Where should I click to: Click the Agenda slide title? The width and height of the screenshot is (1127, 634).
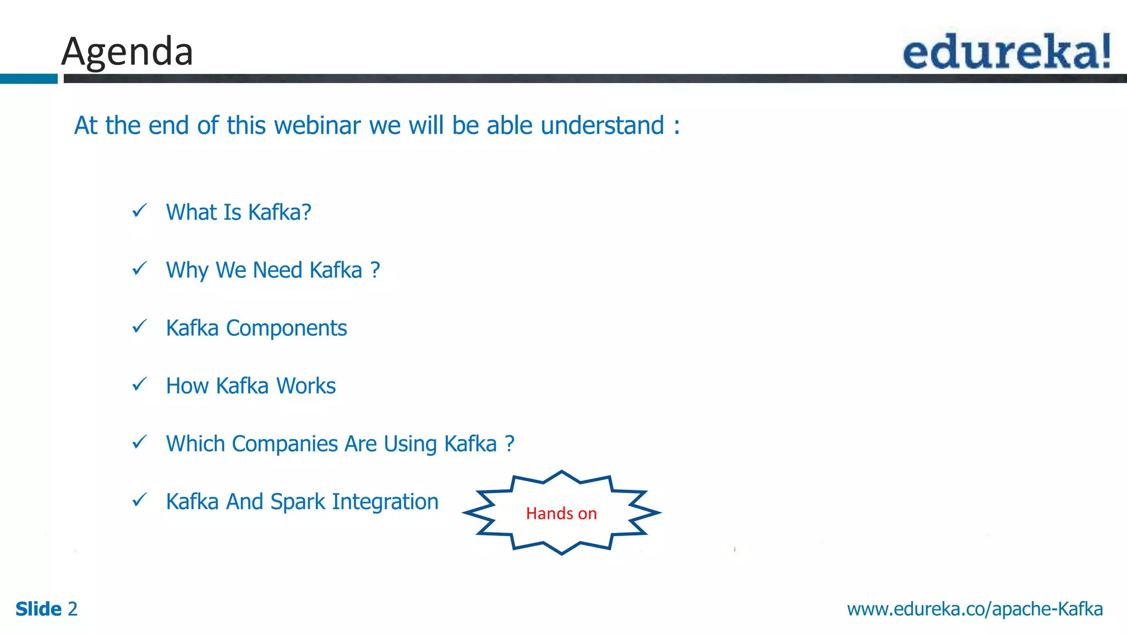127,51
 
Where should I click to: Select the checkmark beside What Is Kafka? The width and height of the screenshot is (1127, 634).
140,211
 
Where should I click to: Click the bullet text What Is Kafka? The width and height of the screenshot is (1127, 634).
238,212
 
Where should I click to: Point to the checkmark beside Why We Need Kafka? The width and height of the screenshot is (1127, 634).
140,269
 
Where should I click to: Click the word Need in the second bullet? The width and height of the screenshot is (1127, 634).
277,270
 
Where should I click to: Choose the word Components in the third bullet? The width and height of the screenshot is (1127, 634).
286,329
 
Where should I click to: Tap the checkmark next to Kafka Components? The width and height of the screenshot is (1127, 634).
140,327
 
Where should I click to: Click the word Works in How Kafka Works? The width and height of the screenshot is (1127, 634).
306,386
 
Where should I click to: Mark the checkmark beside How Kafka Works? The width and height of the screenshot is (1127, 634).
140,384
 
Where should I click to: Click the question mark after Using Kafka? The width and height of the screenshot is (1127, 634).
510,444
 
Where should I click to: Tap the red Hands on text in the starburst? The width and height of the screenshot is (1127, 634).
561,513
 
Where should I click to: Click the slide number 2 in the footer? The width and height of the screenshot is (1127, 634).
72,609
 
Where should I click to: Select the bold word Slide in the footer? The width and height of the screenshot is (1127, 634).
39,609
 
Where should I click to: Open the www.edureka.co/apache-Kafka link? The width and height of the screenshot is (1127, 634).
975,609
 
